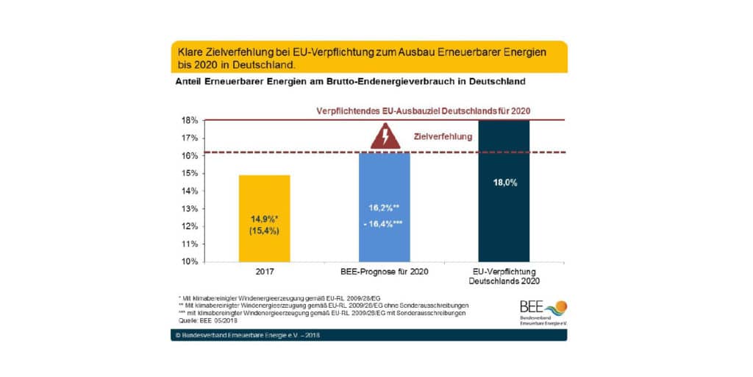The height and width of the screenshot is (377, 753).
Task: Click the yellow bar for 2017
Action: coord(265,218)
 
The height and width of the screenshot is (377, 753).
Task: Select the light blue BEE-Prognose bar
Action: coord(384,207)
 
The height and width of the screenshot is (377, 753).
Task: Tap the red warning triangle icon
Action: coord(384,137)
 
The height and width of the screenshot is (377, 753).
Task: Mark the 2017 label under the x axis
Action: coord(265,272)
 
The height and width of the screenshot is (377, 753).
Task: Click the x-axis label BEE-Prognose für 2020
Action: coord(384,272)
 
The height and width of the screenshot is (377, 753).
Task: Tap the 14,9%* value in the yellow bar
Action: coord(265,219)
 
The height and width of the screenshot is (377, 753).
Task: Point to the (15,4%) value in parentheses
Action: coord(265,231)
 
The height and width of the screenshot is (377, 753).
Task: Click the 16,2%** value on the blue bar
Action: coord(384,209)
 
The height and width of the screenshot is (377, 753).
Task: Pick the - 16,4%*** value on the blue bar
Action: coord(384,223)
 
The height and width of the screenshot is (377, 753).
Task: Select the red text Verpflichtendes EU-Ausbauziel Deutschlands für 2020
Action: coord(424,110)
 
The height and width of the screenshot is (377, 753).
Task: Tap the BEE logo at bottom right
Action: coord(543,312)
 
